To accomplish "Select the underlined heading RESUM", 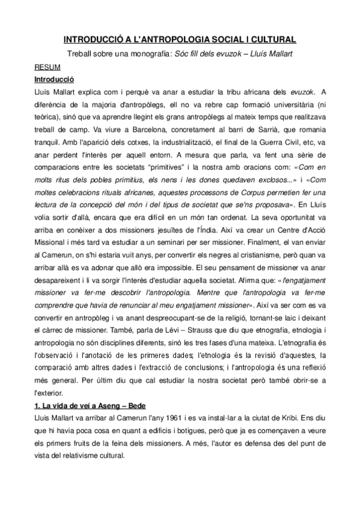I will coord(46,68).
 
